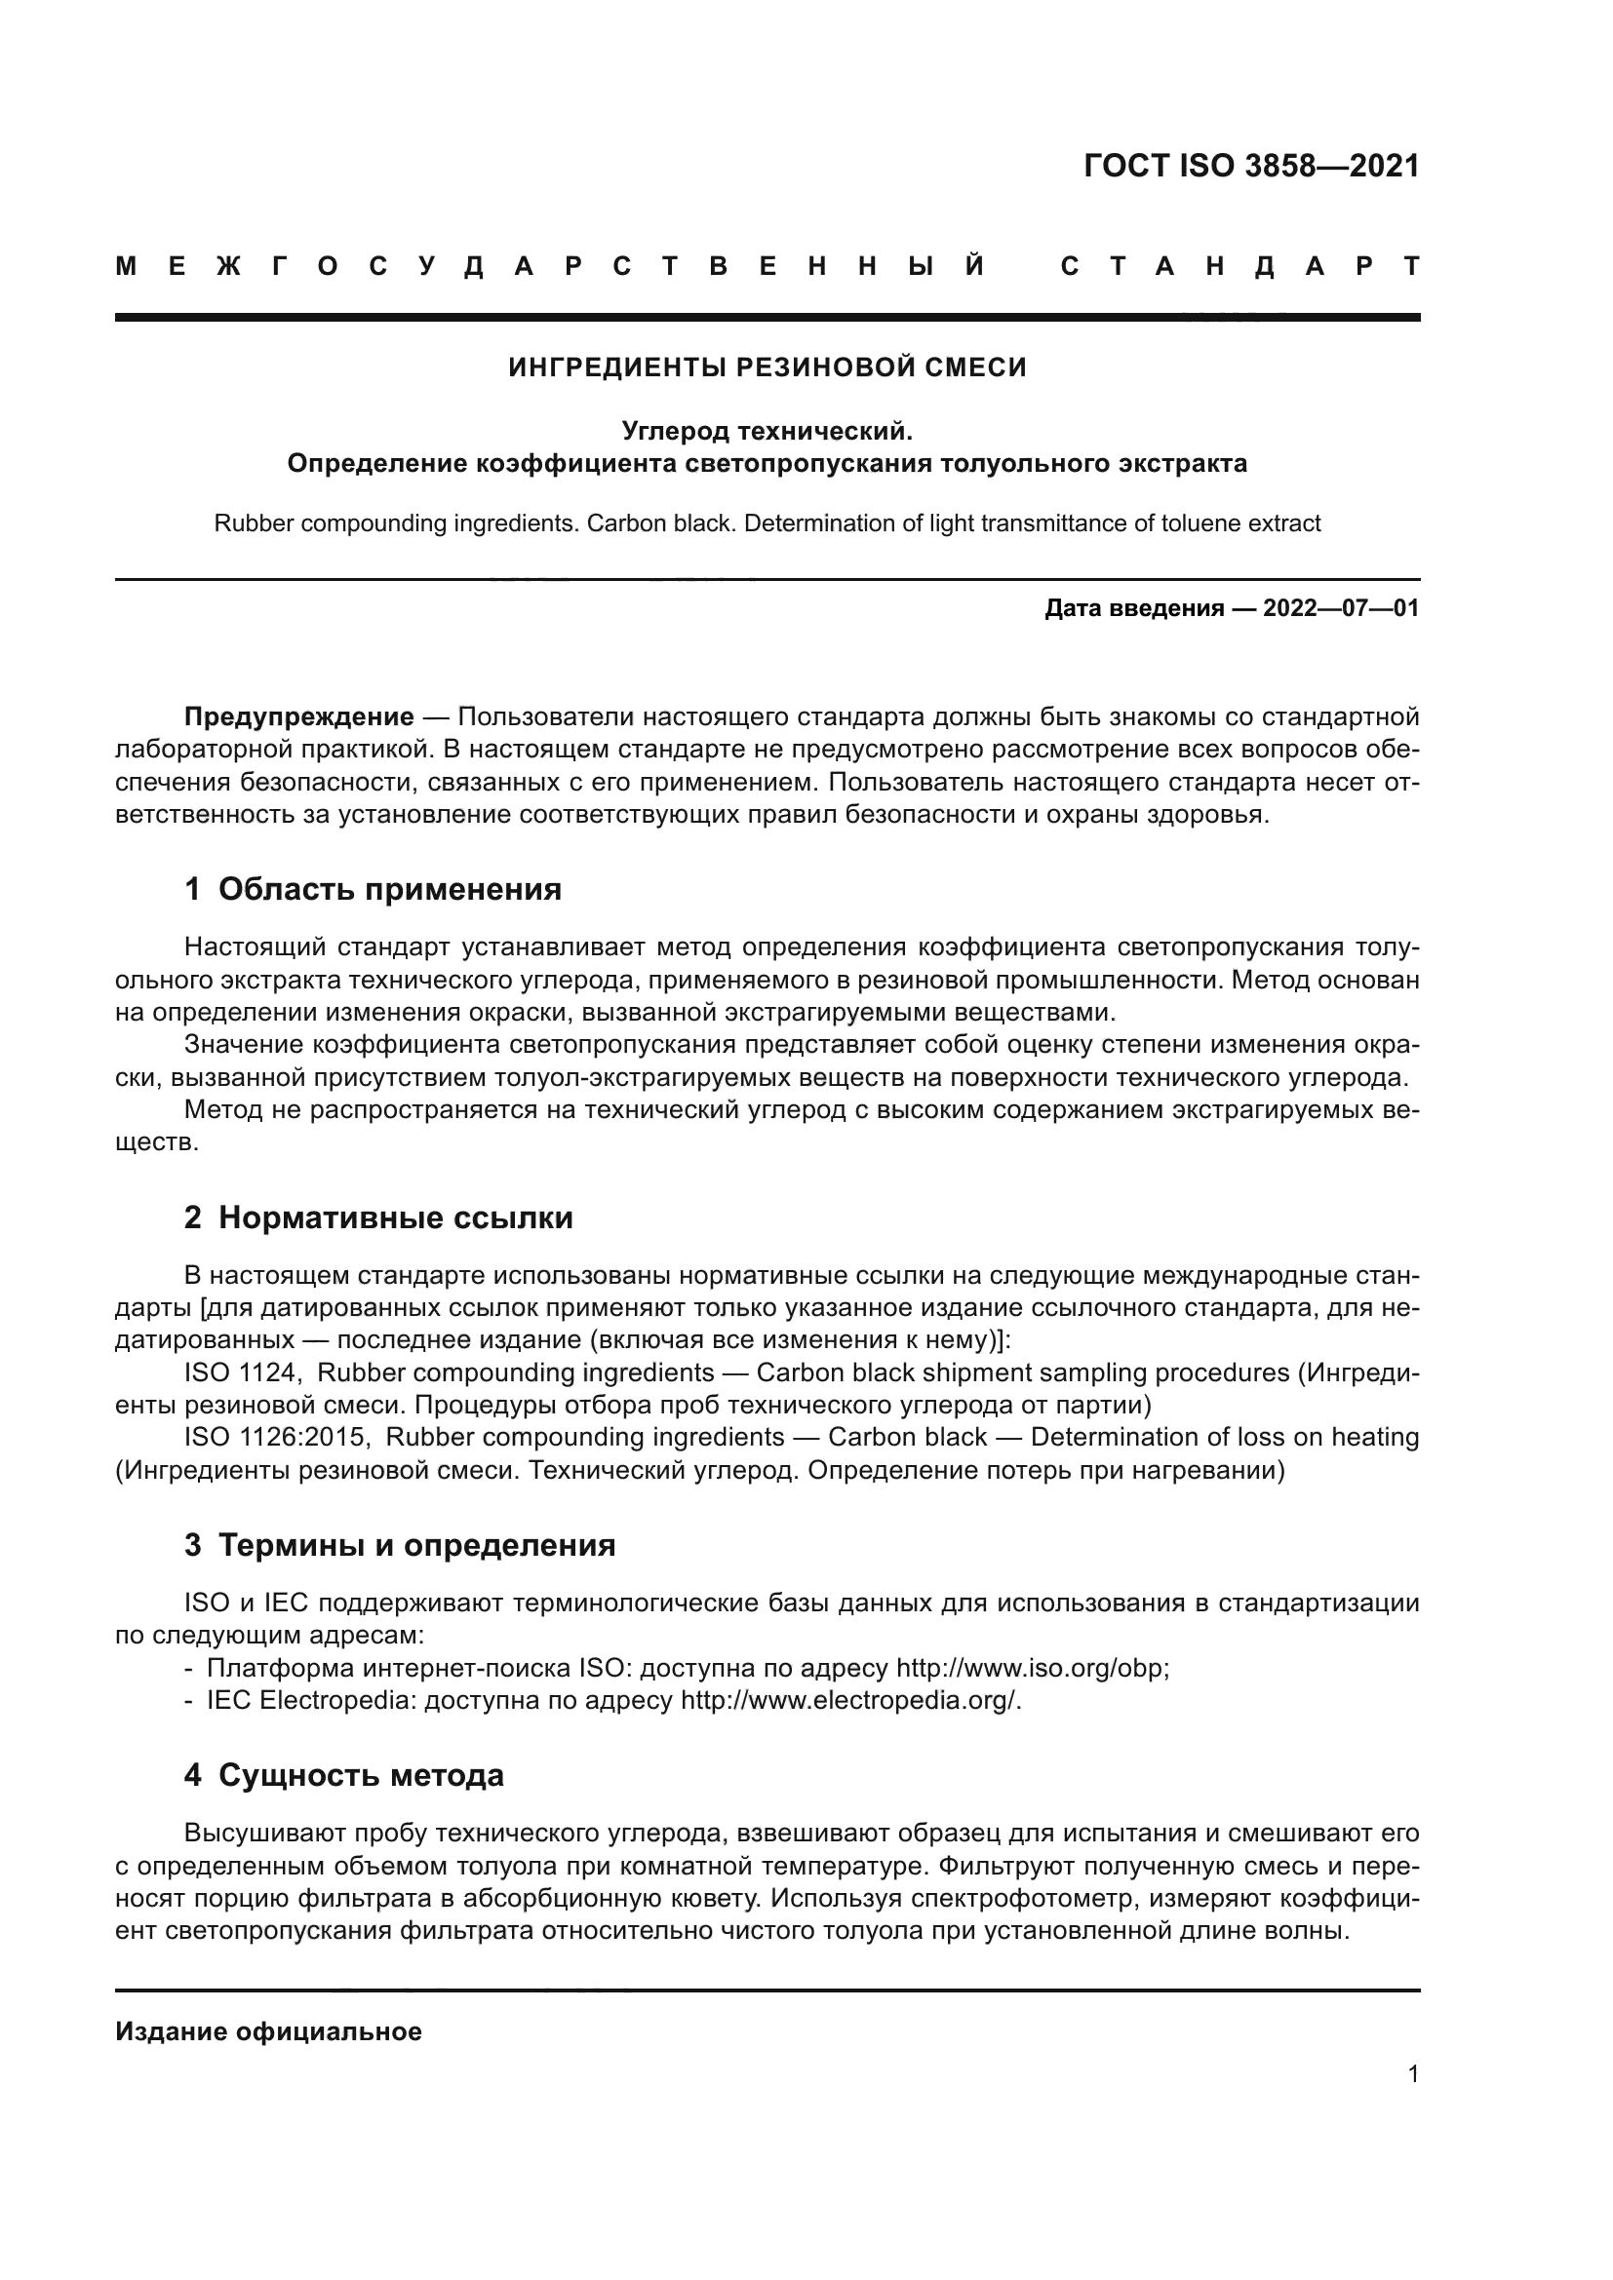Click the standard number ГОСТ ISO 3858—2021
tap(1250, 166)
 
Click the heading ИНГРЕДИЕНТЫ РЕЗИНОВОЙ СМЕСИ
tap(767, 367)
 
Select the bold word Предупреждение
tap(299, 717)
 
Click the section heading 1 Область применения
tap(373, 889)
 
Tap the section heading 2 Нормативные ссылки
tap(378, 1217)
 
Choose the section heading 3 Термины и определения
tap(399, 1545)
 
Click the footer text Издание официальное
tap(268, 2031)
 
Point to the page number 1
tap(1412, 2073)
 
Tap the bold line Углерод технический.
tap(767, 431)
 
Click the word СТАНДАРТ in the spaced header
tap(1239, 266)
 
